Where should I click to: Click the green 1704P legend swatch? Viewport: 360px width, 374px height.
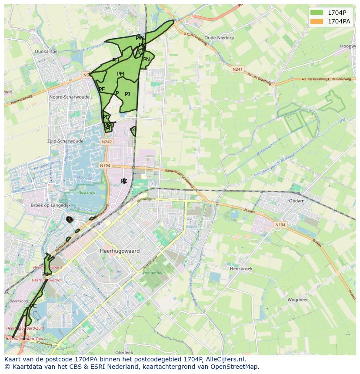click(317, 12)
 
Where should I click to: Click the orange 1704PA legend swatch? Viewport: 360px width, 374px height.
click(317, 21)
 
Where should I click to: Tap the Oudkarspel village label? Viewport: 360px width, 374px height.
click(47, 51)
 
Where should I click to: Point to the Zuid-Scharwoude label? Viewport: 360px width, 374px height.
click(65, 141)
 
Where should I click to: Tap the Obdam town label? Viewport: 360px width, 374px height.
click(297, 201)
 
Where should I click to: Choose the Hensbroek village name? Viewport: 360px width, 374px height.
click(241, 269)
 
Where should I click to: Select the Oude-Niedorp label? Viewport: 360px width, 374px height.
click(219, 38)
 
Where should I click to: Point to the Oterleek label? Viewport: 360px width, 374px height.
click(124, 352)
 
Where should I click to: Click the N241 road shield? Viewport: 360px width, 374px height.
click(237, 69)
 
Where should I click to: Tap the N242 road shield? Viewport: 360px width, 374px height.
click(107, 142)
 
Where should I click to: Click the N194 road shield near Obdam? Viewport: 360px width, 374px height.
click(280, 225)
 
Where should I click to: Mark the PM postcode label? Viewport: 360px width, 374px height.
click(120, 74)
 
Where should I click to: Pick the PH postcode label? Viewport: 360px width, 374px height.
click(115, 60)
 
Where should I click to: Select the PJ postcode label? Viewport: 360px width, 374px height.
click(127, 94)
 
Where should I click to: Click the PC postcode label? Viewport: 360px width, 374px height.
click(33, 306)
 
